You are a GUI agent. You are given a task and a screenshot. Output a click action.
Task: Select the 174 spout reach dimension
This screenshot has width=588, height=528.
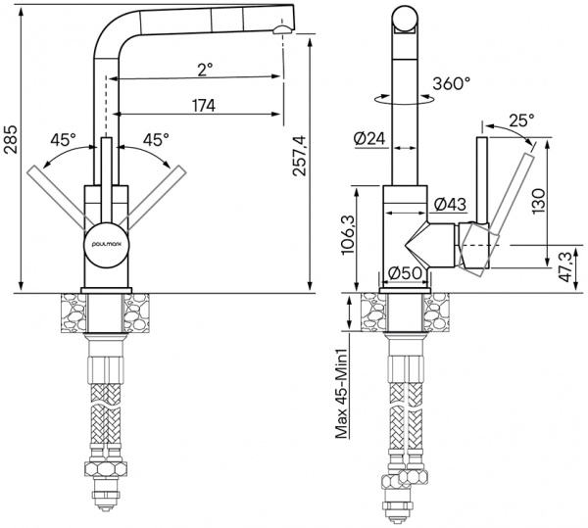pyautogui.click(x=204, y=105)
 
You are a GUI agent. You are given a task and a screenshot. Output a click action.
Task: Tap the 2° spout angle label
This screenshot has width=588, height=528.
pyautogui.click(x=204, y=70)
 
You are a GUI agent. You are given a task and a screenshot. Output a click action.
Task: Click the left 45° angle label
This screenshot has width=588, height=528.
pyautogui.click(x=65, y=140)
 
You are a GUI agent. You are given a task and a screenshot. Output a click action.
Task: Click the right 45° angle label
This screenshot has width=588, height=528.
pyautogui.click(x=155, y=140)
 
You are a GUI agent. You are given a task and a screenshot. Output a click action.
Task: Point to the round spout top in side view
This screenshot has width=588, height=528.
pyautogui.click(x=405, y=20)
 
